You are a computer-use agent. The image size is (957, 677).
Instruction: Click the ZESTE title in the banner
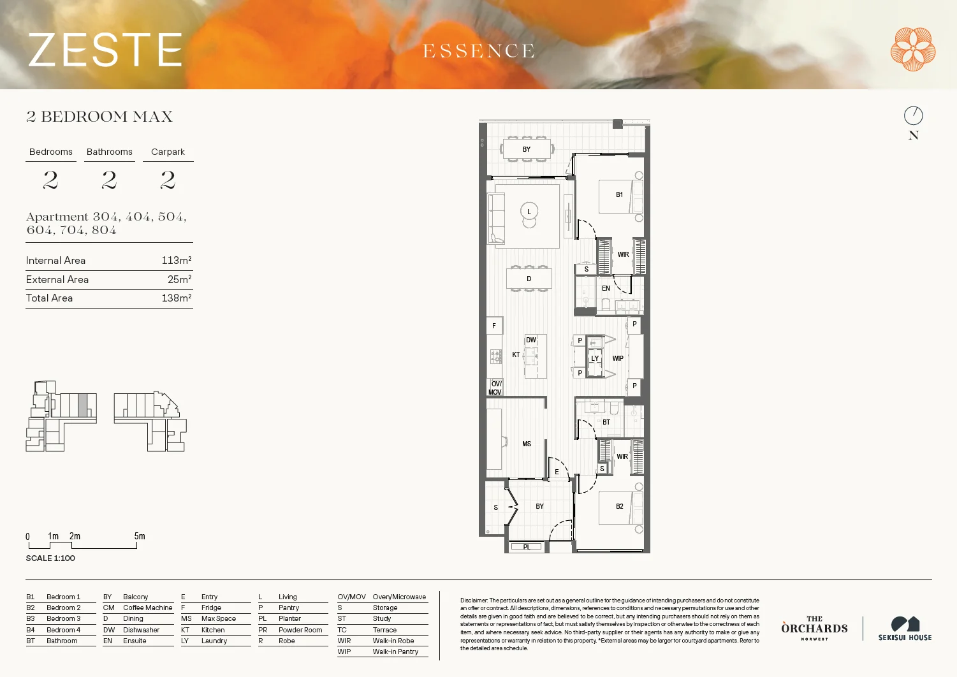coord(105,50)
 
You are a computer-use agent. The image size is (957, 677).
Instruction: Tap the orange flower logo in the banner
coord(913,49)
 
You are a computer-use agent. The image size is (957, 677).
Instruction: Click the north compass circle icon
coord(913,115)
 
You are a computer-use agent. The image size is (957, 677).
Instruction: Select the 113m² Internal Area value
coord(176,260)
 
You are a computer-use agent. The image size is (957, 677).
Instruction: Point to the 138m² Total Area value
coord(176,298)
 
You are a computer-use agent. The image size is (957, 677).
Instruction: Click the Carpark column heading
coord(168,152)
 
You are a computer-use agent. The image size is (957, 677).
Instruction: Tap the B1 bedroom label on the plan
coord(619,194)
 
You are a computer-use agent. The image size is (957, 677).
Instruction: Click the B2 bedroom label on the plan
coord(619,506)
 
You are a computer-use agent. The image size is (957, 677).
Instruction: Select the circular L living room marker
coord(529,211)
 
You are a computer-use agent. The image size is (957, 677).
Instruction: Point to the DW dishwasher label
coord(531,340)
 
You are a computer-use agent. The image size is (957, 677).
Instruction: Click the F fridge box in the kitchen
coord(494,326)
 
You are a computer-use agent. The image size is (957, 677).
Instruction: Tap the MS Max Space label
coord(527,444)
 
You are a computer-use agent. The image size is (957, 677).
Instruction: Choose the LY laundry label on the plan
coord(595,358)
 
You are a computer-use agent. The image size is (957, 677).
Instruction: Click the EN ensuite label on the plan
coord(606,288)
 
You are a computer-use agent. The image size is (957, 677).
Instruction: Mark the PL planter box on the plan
coord(527,546)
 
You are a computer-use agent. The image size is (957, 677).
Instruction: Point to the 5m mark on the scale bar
coord(139,537)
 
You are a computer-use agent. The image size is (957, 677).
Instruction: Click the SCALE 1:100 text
coord(50,558)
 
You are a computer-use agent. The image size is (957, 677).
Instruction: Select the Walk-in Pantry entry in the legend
coord(395,652)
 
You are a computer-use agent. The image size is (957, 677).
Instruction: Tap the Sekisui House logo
coord(905,629)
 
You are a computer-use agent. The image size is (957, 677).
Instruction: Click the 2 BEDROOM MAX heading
coord(99,117)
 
